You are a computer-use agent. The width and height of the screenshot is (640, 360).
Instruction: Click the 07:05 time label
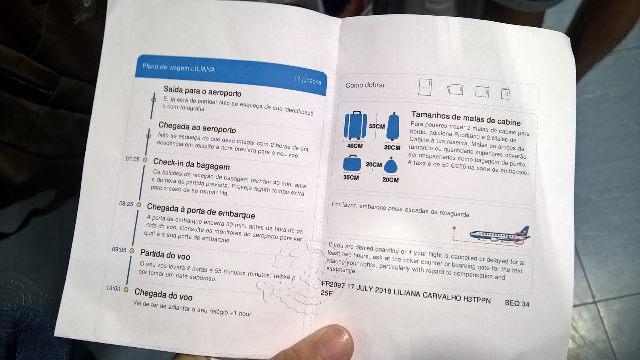click(132, 159)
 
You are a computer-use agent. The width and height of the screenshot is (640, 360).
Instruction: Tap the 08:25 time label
click(126, 204)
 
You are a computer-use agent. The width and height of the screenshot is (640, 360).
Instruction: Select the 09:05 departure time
click(119, 250)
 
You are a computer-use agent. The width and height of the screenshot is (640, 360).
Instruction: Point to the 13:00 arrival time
click(113, 288)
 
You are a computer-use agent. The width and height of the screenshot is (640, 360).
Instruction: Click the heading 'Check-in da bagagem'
click(192, 164)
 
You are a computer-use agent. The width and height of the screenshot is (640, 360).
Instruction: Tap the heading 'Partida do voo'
click(165, 254)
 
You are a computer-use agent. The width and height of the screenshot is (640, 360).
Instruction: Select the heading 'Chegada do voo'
click(163, 294)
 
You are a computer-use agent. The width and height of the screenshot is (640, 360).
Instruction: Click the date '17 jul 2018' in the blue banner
click(308, 80)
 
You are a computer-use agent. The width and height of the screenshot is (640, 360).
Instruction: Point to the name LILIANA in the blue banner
click(202, 69)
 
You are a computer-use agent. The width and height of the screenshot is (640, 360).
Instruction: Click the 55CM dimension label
click(377, 126)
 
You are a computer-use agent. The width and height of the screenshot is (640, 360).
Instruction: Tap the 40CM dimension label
click(354, 146)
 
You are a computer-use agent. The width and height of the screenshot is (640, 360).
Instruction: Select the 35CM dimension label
click(351, 177)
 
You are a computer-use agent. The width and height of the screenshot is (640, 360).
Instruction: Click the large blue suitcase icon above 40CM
click(355, 125)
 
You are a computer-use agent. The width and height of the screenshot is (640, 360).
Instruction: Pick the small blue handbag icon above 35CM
click(352, 163)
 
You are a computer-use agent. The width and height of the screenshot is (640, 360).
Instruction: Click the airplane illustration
click(500, 236)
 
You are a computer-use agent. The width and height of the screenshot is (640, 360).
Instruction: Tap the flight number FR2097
click(333, 284)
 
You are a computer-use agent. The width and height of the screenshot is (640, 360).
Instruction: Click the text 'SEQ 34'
click(517, 303)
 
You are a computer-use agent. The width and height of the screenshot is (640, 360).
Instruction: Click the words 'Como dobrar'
click(365, 85)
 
